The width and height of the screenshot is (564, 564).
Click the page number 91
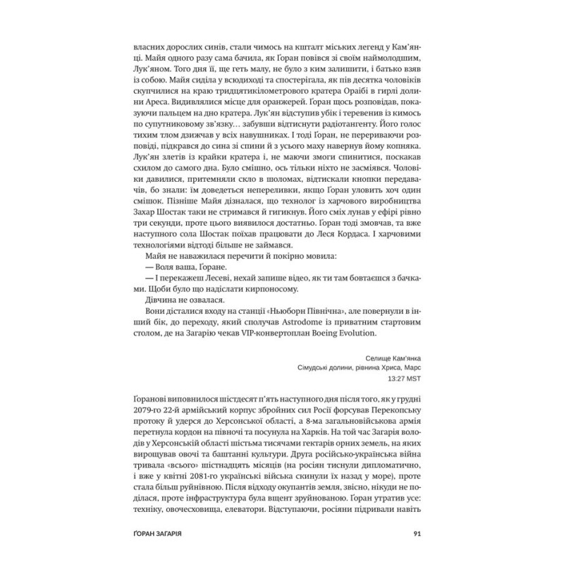pos(417,532)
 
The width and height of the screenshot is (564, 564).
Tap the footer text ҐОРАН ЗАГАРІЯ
pos(162,532)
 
